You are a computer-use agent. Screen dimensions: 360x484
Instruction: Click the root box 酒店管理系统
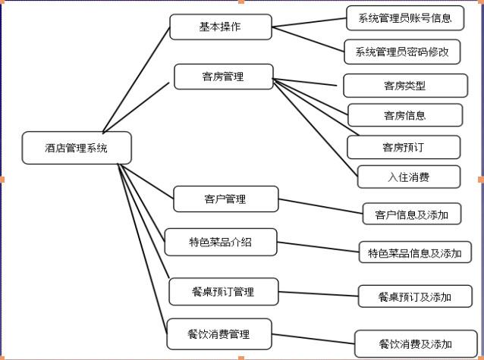(77, 148)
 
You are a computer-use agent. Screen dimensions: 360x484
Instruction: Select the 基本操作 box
(220, 27)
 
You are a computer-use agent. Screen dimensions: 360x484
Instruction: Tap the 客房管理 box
(223, 77)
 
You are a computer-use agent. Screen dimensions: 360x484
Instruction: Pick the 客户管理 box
(225, 199)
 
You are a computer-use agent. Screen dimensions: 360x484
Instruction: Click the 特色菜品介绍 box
(220, 243)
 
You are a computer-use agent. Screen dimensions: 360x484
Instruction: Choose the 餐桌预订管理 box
(223, 291)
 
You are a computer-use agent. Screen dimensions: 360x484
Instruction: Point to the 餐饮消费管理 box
(218, 333)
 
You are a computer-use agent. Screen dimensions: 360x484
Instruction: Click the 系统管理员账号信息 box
(404, 17)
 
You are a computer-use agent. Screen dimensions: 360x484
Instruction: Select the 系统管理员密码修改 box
(402, 52)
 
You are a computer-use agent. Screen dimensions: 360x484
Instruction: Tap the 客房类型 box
(405, 85)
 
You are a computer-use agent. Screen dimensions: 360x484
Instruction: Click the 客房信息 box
(404, 115)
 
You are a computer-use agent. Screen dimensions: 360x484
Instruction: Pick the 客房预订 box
(404, 146)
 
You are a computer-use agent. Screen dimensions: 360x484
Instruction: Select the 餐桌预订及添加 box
(415, 296)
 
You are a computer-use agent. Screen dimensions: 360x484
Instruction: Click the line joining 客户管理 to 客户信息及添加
(319, 206)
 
